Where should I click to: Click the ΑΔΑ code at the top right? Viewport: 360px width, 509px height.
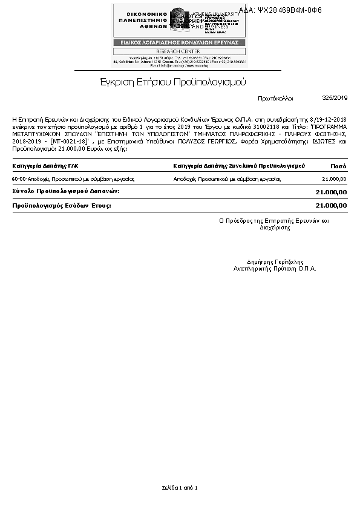tap(289, 10)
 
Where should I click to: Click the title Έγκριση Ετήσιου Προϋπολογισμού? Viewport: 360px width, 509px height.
tap(172, 82)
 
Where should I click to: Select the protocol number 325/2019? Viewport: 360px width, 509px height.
tap(335, 97)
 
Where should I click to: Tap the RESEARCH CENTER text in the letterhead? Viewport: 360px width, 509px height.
tap(180, 51)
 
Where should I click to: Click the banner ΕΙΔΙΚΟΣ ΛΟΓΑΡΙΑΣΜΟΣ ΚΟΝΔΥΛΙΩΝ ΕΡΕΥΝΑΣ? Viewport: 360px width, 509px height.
tap(180, 42)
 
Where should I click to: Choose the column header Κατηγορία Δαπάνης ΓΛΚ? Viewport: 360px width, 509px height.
tap(45, 165)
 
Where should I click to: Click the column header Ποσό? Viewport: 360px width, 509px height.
tap(339, 165)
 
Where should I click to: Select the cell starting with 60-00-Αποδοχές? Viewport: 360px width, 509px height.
tap(73, 179)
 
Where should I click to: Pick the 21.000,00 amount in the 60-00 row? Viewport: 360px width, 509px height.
tap(335, 179)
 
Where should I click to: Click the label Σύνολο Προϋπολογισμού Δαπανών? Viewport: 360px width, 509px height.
tap(66, 191)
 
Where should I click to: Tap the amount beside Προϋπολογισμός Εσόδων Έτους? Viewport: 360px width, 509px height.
tap(331, 206)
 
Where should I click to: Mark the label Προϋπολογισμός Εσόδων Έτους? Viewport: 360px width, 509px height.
tap(62, 206)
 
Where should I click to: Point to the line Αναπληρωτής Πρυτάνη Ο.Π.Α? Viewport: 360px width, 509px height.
tap(275, 268)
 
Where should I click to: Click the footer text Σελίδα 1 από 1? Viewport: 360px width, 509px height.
tap(180, 487)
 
